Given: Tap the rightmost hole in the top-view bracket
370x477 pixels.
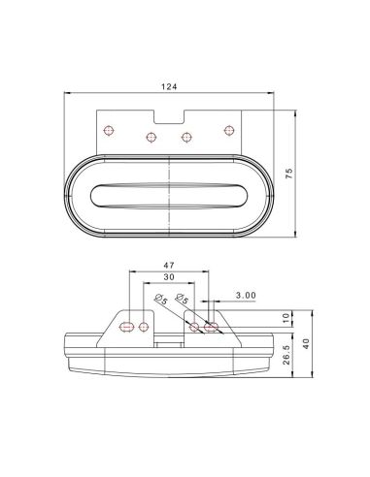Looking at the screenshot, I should pyautogui.click(x=230, y=129).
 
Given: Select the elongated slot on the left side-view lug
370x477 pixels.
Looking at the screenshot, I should pyautogui.click(x=125, y=327).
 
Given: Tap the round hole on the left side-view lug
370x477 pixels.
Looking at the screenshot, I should pyautogui.click(x=145, y=326).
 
